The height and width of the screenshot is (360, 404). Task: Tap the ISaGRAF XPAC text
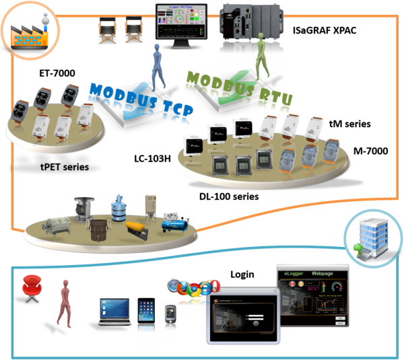[x=331, y=30]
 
